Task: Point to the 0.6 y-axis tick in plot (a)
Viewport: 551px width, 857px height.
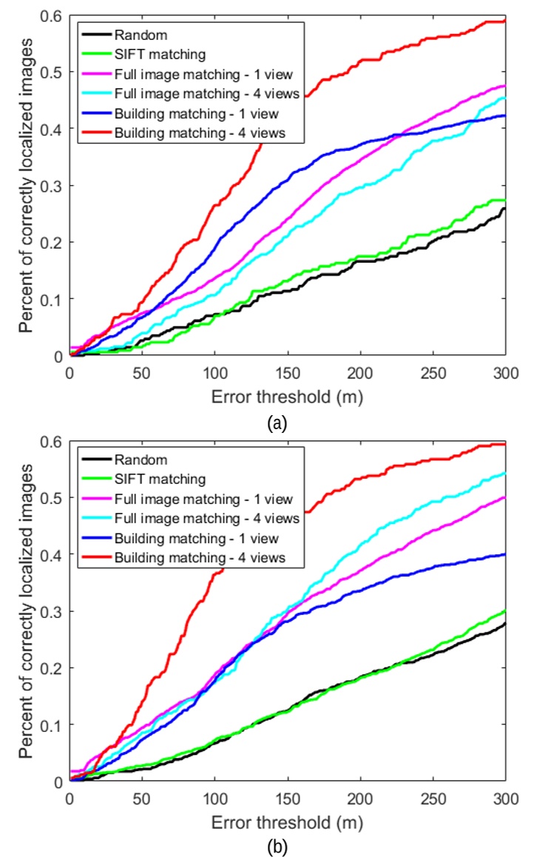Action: pos(53,16)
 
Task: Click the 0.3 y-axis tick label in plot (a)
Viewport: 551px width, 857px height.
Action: pos(53,185)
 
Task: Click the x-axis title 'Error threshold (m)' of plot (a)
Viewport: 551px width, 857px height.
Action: pos(288,397)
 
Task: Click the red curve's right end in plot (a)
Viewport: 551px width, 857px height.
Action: pos(505,21)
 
